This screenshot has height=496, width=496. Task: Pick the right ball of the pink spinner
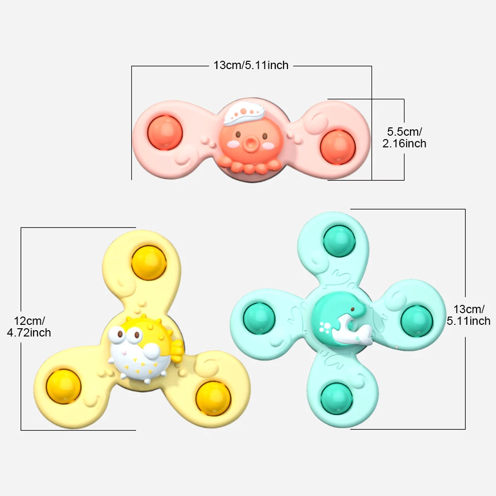click(337, 145)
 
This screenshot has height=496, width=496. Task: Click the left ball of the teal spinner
click(259, 318)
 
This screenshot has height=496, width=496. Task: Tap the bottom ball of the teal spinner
click(337, 398)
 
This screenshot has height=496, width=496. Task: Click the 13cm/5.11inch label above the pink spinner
click(251, 65)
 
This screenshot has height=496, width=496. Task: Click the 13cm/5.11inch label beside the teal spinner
click(468, 315)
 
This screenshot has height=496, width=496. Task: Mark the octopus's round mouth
click(250, 144)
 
